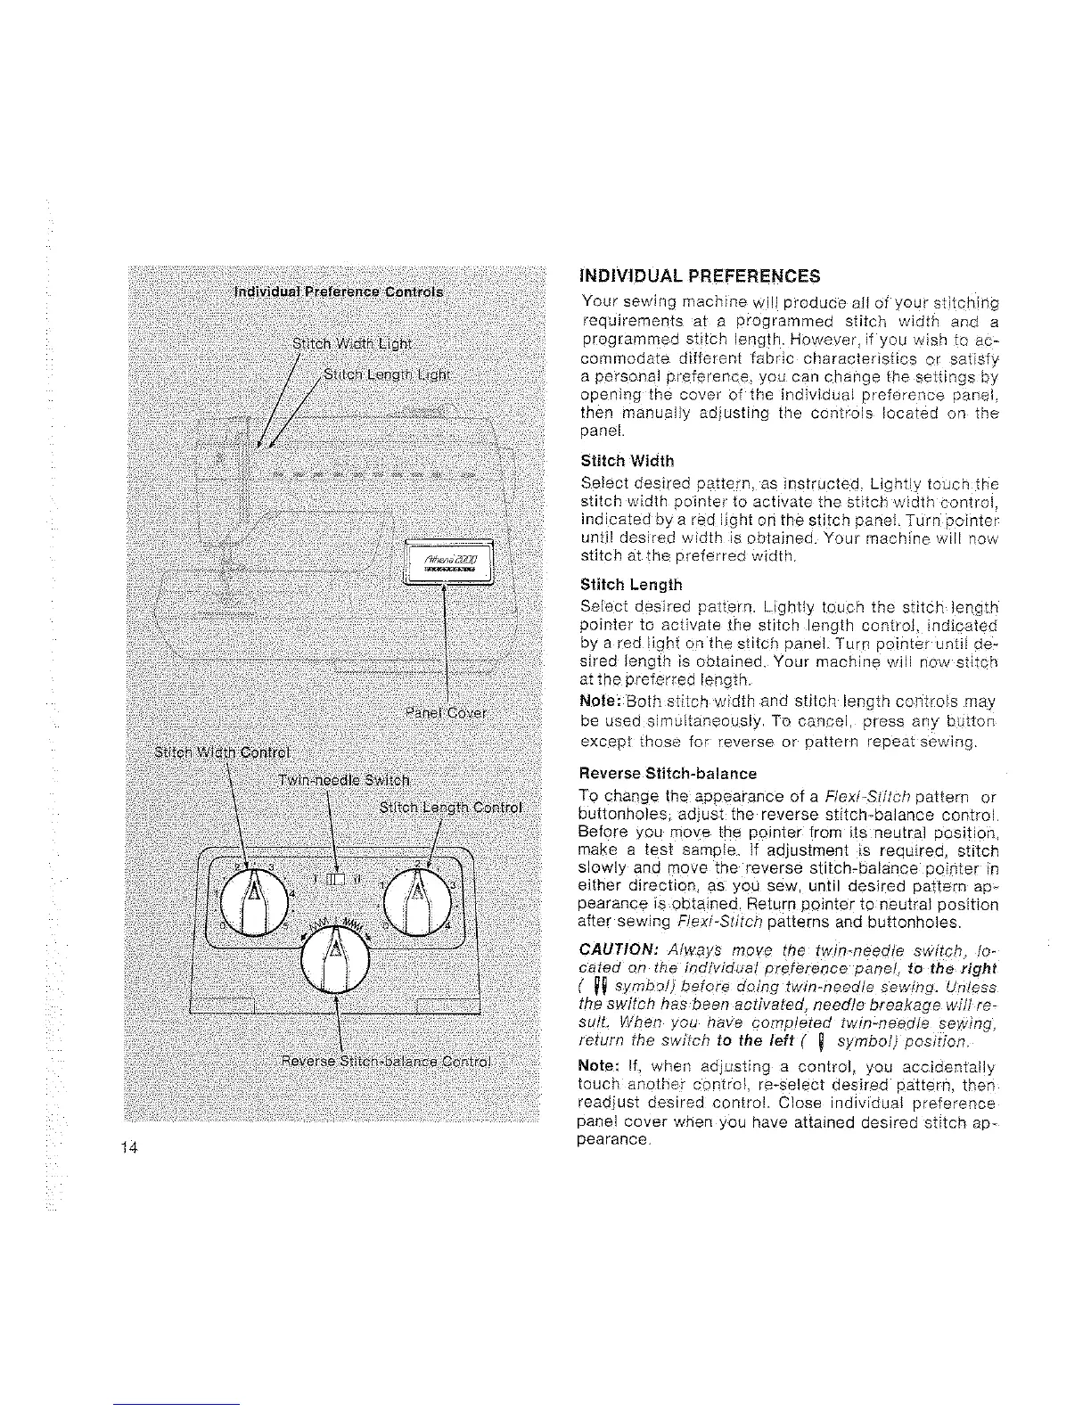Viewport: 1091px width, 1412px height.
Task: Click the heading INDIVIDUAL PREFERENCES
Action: coord(700,275)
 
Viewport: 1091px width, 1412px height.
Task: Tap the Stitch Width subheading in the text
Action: coord(627,461)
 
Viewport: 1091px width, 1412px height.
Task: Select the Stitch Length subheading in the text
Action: coord(630,585)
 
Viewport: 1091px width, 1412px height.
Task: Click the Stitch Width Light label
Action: coord(352,344)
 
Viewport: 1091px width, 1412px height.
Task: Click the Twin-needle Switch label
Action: coord(344,781)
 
